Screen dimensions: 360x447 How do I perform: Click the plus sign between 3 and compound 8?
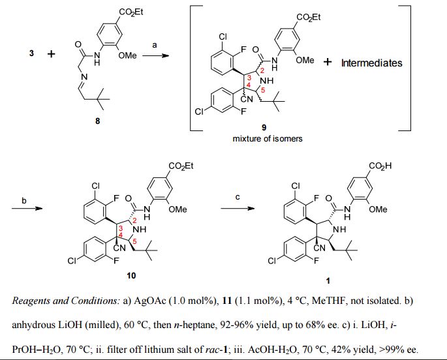[52, 54]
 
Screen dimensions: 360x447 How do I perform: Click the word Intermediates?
[371, 63]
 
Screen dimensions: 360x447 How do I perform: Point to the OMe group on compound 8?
[127, 56]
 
